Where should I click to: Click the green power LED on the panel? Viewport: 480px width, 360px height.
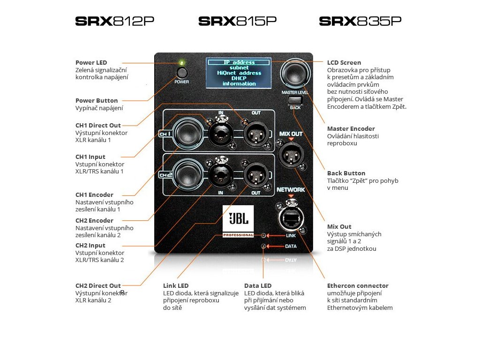pos(181,62)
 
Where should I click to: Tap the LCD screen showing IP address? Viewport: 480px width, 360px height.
pos(239,73)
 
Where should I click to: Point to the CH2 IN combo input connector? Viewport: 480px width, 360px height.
pos(220,174)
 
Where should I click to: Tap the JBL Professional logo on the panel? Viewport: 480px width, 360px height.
pos(238,221)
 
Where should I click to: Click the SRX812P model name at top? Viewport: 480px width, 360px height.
pos(114,21)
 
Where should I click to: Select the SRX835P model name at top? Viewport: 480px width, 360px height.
pos(360,21)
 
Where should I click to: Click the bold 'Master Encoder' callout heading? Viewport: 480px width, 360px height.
pos(351,128)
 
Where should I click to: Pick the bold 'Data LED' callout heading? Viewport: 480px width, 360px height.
pos(258,285)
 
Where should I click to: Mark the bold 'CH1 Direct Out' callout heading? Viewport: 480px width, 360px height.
pos(98,125)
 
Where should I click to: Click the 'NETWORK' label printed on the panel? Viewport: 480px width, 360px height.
pos(291,190)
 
